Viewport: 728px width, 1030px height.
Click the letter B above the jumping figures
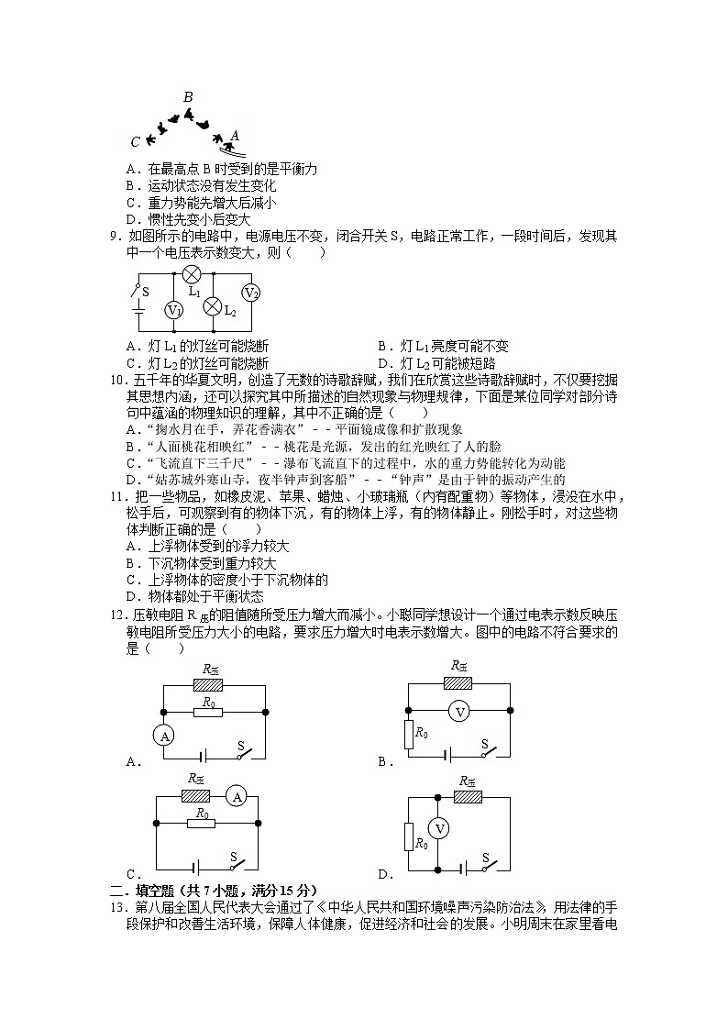(188, 97)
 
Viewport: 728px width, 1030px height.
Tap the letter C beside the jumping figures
(136, 141)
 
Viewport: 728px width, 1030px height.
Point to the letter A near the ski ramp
(235, 135)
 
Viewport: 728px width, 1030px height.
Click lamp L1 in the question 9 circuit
(192, 273)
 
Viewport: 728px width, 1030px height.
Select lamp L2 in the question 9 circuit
(212, 306)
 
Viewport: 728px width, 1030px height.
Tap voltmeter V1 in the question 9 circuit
(173, 311)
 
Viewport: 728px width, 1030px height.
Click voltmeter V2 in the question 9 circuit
(251, 293)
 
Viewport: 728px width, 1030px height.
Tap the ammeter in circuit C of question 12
(236, 797)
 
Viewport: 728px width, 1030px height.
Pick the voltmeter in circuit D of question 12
(439, 828)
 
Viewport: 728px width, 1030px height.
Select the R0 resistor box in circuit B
(409, 733)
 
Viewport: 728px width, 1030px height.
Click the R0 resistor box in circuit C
(202, 824)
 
